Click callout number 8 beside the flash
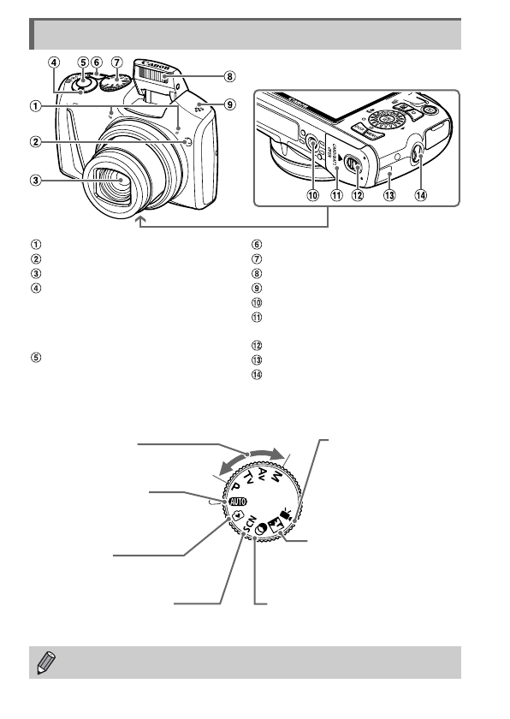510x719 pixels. [x=229, y=76]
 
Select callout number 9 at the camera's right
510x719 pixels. [x=229, y=104]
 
